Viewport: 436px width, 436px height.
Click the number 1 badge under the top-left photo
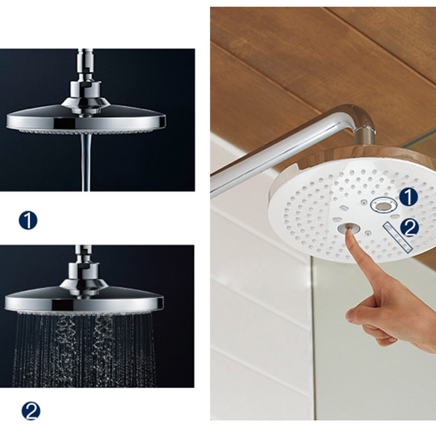(x=28, y=220)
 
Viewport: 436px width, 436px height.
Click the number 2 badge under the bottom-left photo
(x=31, y=411)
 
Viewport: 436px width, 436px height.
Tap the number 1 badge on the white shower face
(x=408, y=197)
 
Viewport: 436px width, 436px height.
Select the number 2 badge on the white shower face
(x=410, y=227)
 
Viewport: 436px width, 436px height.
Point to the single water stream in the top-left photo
(x=86, y=162)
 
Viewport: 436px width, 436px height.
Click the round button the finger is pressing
(x=348, y=229)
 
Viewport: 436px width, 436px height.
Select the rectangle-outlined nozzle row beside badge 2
(x=397, y=237)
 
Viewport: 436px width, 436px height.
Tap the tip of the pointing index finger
(x=347, y=230)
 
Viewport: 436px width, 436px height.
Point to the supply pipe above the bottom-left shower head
(x=84, y=254)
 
